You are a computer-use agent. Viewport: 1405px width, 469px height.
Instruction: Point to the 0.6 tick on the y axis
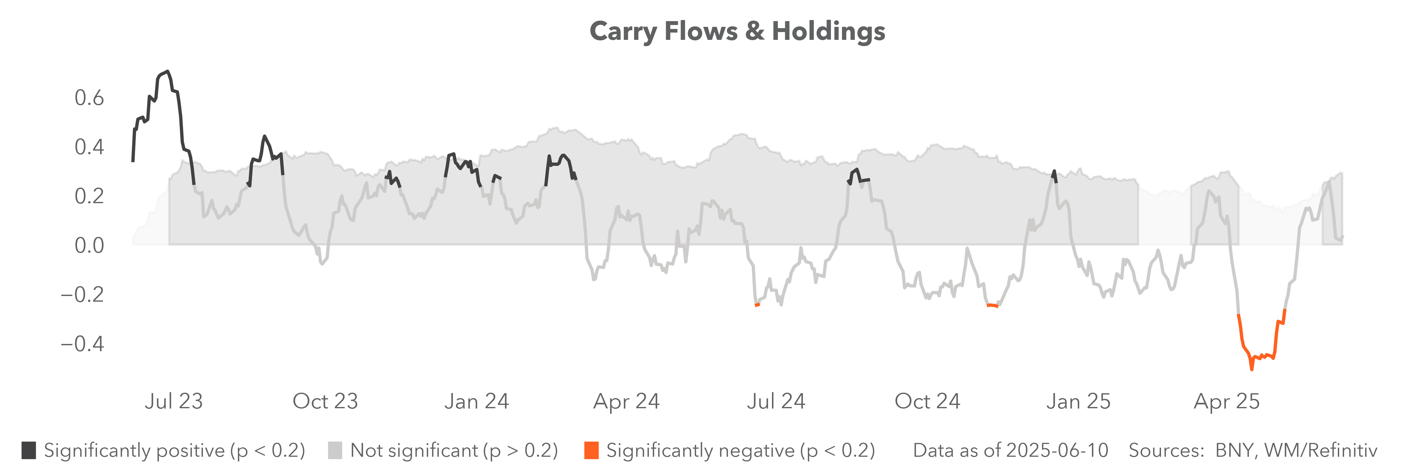point(89,98)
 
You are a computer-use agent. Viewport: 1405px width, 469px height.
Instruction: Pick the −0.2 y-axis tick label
point(82,295)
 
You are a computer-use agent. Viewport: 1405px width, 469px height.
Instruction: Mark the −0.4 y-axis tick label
point(82,344)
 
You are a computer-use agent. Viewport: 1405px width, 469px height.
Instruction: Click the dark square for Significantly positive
point(29,451)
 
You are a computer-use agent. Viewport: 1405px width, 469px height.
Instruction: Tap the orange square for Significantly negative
point(591,451)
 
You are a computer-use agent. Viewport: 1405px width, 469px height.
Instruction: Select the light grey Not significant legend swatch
point(335,451)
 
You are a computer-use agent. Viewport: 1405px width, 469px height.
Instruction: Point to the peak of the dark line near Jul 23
point(167,72)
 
